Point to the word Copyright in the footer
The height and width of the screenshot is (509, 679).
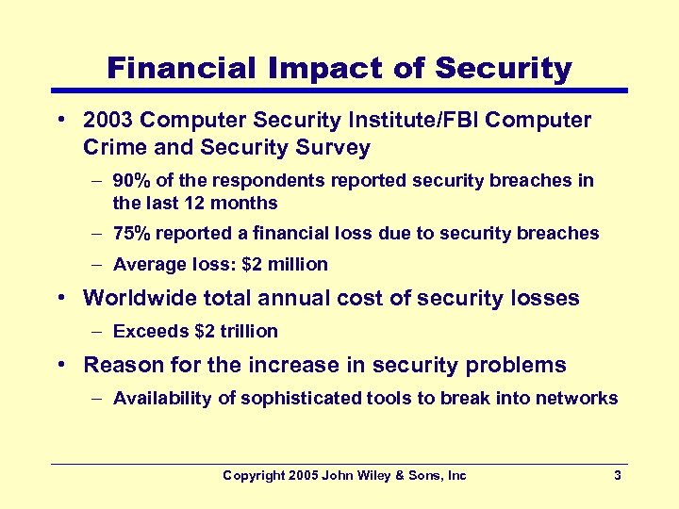[x=253, y=476]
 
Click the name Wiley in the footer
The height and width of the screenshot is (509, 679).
[x=378, y=476]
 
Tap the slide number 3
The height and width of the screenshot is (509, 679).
[x=617, y=476]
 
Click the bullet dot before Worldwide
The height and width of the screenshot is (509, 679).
[x=59, y=299]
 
